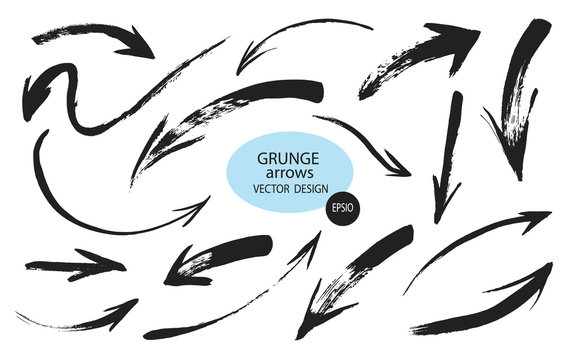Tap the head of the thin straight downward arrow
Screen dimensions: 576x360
(x=439, y=211)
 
